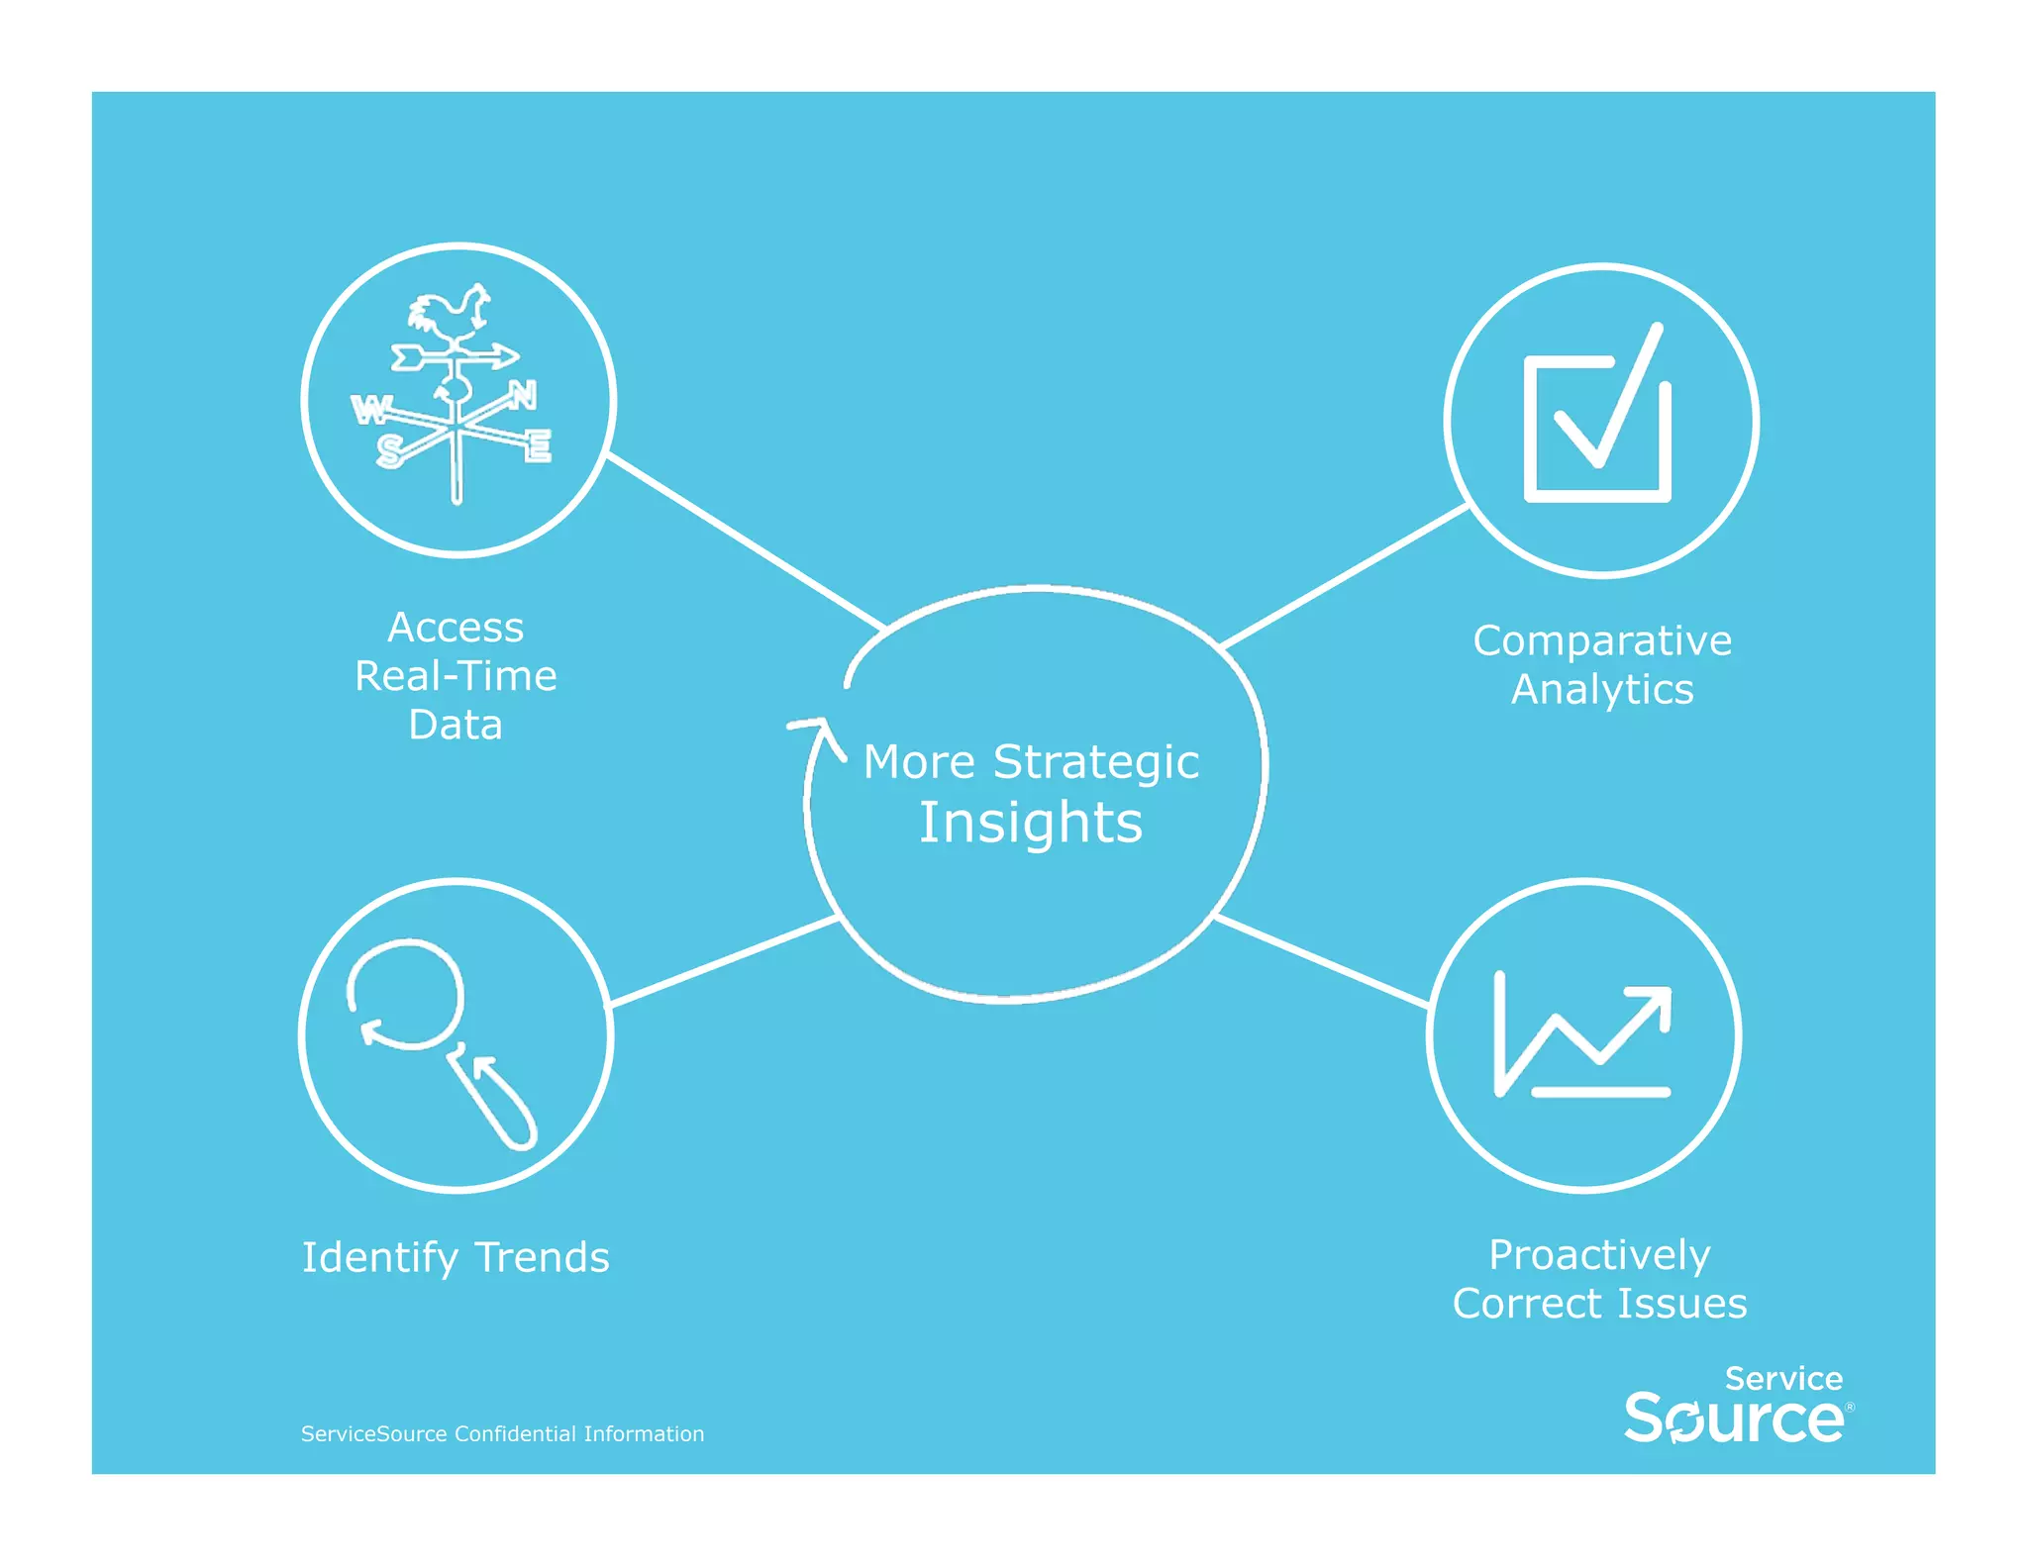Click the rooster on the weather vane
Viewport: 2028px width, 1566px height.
[x=451, y=314]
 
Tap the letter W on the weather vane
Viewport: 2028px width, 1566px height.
[x=370, y=409]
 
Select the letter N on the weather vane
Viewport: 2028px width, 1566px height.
[x=523, y=396]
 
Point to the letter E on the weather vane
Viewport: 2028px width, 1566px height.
[x=538, y=446]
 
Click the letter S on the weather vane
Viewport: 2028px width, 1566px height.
[x=389, y=451]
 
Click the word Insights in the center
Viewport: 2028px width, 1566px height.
[x=1030, y=824]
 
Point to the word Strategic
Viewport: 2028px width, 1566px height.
[x=1095, y=762]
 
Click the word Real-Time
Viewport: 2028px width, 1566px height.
[x=456, y=677]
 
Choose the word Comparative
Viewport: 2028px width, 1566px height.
[x=1601, y=641]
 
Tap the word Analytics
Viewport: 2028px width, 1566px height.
[x=1601, y=690]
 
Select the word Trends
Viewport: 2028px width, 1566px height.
[x=542, y=1258]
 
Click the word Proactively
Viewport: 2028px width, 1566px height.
[x=1598, y=1256]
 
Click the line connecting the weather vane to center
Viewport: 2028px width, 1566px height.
[x=745, y=541]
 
